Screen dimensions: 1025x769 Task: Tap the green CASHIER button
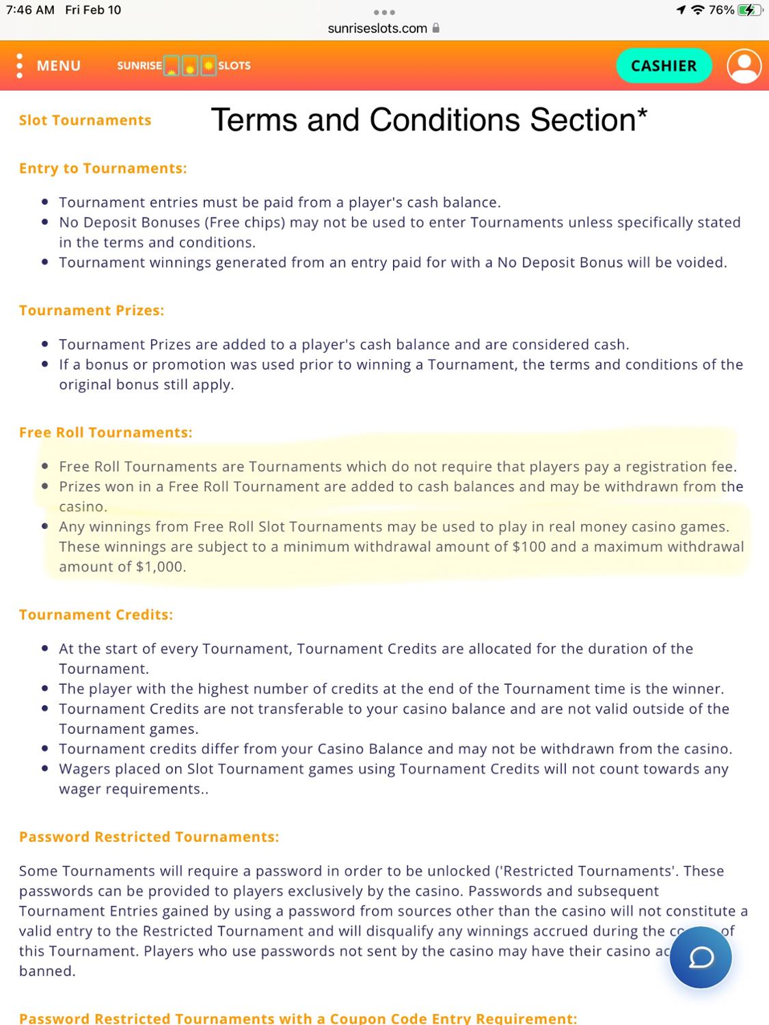663,66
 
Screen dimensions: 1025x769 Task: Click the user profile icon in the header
744,66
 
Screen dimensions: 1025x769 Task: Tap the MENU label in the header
58,66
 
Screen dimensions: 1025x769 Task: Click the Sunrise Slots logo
184,66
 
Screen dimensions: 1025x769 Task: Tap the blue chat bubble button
700,957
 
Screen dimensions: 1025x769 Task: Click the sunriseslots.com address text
377,28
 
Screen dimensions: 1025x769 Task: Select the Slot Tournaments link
85,120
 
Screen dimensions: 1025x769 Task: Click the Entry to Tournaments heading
103,168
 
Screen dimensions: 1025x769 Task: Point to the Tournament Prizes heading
92,310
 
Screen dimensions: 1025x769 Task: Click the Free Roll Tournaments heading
106,433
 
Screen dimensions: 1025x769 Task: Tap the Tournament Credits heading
96,614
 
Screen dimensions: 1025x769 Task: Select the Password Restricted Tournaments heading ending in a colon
149,837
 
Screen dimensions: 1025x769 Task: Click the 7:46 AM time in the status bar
30,10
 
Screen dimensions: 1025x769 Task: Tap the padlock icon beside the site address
436,28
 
